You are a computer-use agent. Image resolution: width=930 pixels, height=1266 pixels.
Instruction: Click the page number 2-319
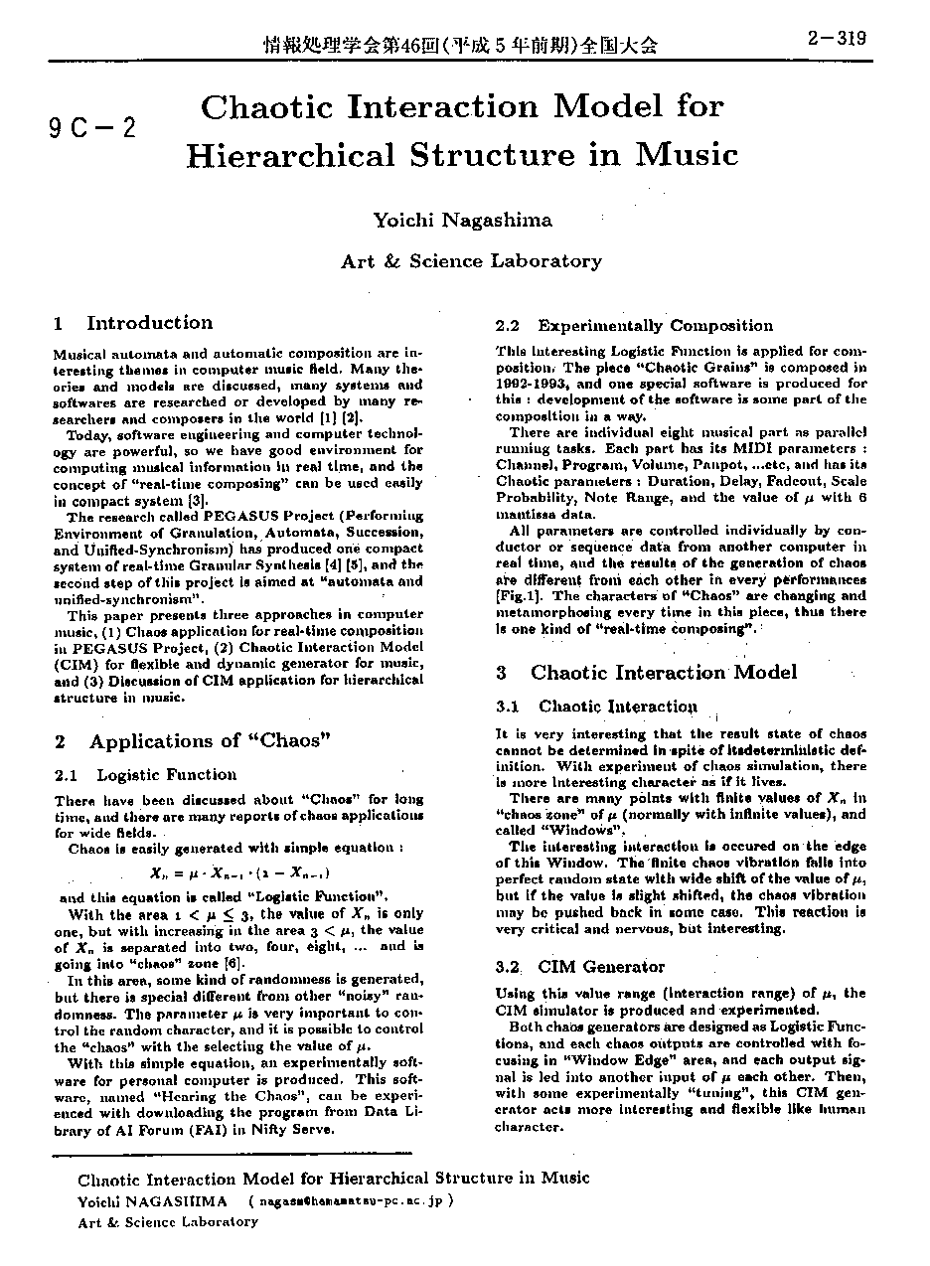click(837, 39)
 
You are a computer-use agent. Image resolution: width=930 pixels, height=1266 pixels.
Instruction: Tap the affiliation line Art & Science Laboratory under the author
click(471, 261)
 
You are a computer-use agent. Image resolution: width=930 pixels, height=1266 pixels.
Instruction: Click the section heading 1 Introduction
click(133, 323)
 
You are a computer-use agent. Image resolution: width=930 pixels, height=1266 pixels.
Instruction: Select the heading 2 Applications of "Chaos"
click(193, 741)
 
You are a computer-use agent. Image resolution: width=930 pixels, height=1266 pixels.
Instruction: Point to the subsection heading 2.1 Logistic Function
click(146, 775)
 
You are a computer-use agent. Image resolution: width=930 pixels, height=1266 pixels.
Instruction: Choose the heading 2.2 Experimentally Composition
click(634, 326)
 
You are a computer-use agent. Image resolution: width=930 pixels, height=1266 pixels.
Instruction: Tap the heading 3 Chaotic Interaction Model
click(646, 673)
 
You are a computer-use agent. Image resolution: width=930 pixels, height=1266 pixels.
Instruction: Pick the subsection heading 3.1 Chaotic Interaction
click(596, 707)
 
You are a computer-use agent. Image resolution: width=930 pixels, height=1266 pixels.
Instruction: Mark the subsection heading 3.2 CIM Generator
click(580, 967)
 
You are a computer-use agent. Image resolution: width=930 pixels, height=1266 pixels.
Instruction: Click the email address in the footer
click(352, 1200)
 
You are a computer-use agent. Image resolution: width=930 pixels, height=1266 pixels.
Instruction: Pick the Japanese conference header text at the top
click(459, 45)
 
